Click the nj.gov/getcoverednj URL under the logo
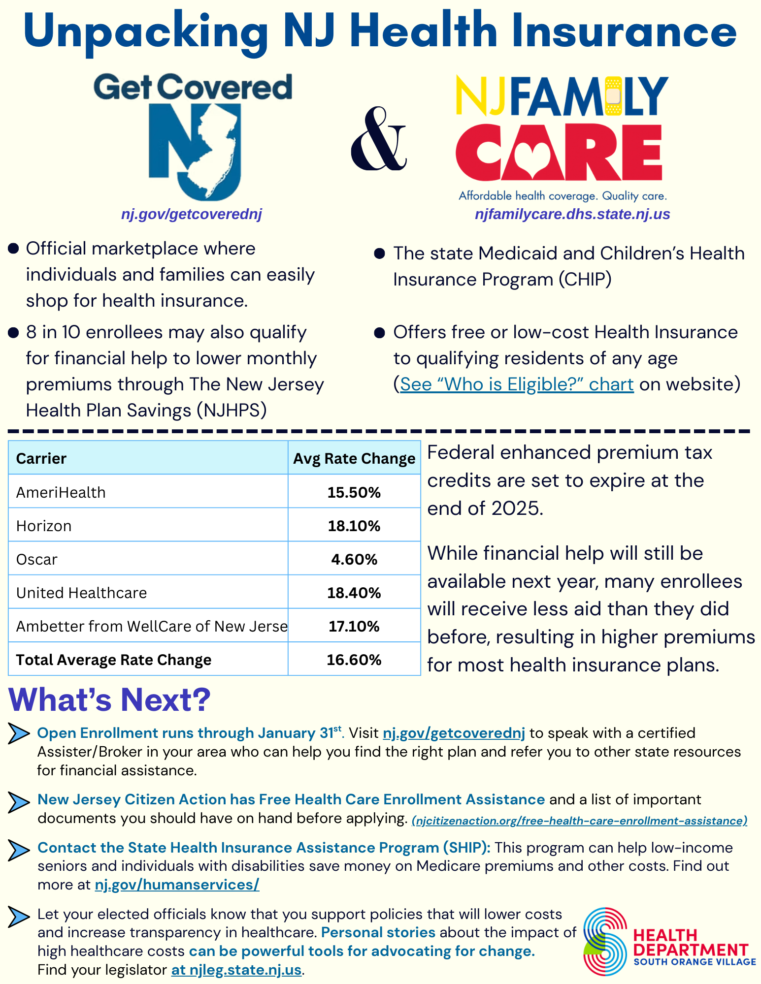pyautogui.click(x=192, y=214)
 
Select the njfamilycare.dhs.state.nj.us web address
pyautogui.click(x=572, y=214)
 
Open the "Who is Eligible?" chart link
pyautogui.click(x=517, y=384)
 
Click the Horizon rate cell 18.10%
pyautogui.click(x=354, y=526)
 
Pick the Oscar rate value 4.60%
pyautogui.click(x=354, y=559)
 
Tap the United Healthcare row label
pyautogui.click(x=82, y=593)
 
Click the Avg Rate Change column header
pyautogui.click(x=354, y=458)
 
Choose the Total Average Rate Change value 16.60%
pyautogui.click(x=354, y=660)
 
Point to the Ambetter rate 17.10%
pyautogui.click(x=354, y=626)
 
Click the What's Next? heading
pyautogui.click(x=109, y=699)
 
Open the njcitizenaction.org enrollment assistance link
pyautogui.click(x=579, y=821)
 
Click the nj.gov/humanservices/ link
pyautogui.click(x=177, y=885)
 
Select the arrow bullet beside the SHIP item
pyautogui.click(x=19, y=851)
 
